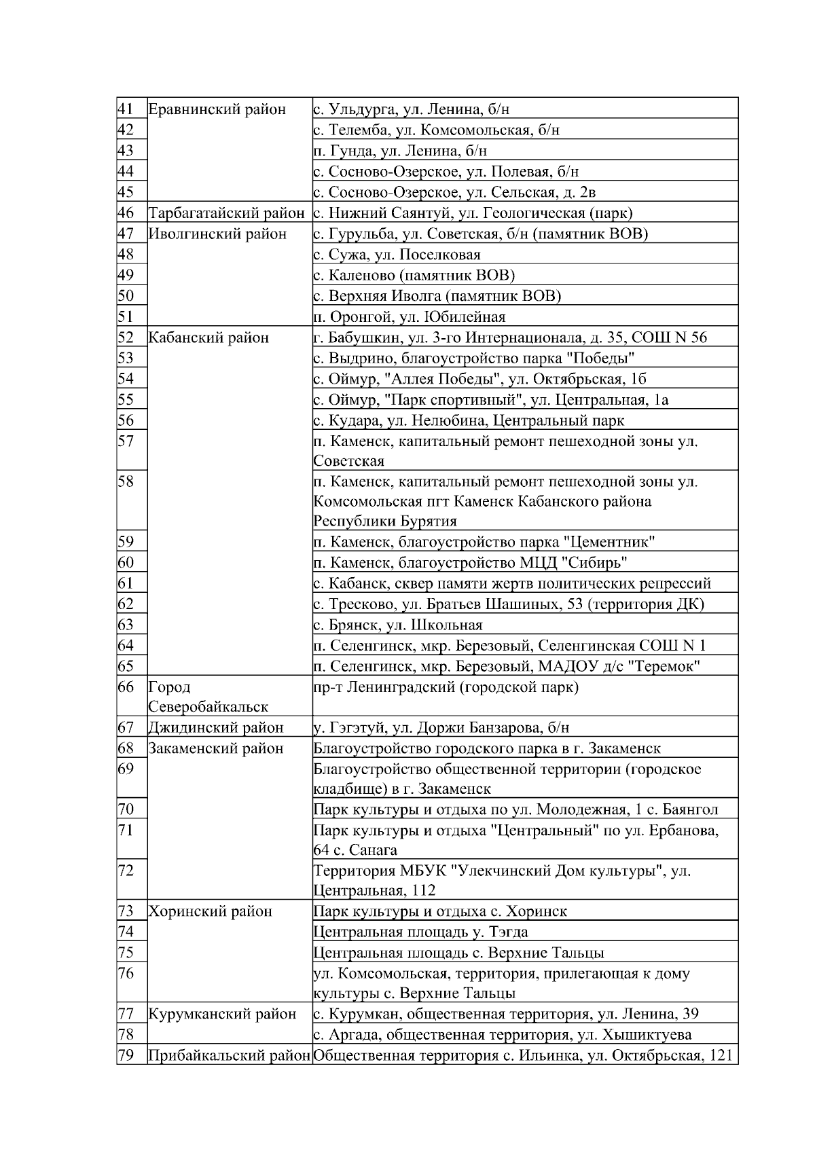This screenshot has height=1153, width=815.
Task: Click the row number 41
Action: pos(125,109)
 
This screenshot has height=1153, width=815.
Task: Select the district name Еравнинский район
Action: pos(217,109)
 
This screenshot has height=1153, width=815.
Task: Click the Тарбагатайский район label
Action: pos(226,213)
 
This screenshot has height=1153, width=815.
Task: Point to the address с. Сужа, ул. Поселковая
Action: pos(397,255)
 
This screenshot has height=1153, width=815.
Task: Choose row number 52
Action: pos(126,337)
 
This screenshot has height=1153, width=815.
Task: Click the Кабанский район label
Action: pos(209,337)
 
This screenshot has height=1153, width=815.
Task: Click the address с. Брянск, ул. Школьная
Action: pos(398,625)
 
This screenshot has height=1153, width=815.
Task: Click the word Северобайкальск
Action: pos(208,707)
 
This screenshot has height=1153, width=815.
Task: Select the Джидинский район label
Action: pos(215,728)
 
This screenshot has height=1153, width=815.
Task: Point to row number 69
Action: pos(126,769)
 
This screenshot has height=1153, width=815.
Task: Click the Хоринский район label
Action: pos(210,911)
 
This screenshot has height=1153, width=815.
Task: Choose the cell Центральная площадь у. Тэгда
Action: pos(420,932)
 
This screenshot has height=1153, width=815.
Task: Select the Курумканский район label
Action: pos(222,1014)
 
